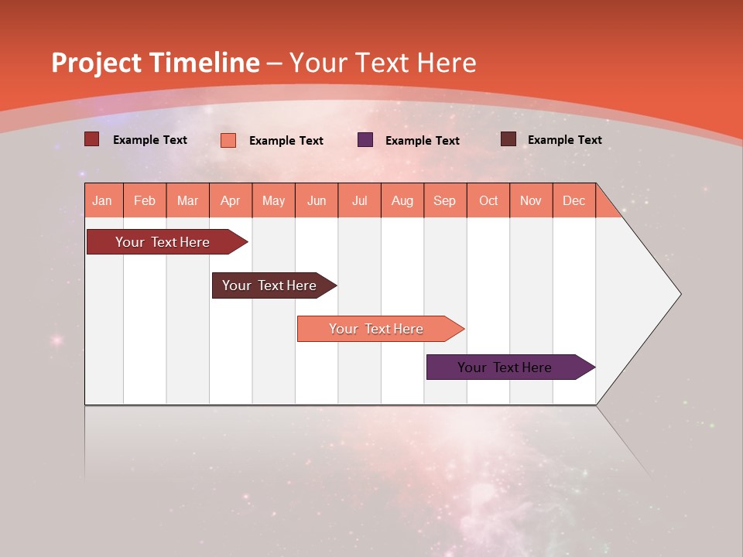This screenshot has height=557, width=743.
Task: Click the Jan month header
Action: pos(103,200)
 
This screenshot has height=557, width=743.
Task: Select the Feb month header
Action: pos(145,200)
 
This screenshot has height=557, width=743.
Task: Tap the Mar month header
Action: pos(187,200)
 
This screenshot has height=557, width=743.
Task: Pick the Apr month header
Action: pos(231,200)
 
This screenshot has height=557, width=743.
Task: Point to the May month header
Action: pos(273,200)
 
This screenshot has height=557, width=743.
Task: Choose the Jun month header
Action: pos(317,200)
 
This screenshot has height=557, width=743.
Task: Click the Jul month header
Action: pos(359,200)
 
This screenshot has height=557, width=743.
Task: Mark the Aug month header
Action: pos(402,200)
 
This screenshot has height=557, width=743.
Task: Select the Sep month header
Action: pos(445,200)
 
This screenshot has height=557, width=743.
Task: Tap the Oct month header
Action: pos(488,200)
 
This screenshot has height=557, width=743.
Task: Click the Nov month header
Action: pos(531,200)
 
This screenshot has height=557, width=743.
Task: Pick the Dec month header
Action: pos(574,200)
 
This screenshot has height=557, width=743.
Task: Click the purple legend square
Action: pos(365,139)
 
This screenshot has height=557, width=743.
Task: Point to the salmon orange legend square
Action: pos(228,140)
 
